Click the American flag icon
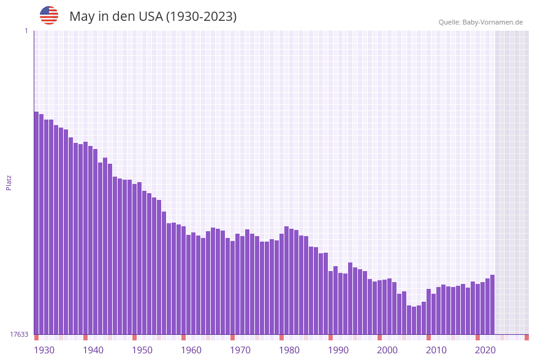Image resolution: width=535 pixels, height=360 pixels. tap(49, 15)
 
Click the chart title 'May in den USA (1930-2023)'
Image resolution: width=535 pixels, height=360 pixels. tap(153, 17)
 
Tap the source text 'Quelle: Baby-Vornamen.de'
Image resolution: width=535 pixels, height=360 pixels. tap(480, 22)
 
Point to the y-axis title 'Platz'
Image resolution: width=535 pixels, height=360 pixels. tap(9, 182)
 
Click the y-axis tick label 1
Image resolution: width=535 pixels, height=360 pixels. tap(26, 31)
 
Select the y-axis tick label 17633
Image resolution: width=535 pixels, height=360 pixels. tap(19, 334)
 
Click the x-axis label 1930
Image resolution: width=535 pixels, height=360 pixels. tap(44, 350)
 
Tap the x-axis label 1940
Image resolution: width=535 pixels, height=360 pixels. tap(93, 350)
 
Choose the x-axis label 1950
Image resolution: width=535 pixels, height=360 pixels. tap(142, 350)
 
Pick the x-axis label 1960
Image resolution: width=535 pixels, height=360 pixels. tap(191, 350)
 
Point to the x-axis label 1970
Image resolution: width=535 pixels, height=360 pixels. tap(240, 350)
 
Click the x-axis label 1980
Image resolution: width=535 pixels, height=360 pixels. tap(289, 350)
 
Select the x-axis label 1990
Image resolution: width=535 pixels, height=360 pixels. tap(338, 350)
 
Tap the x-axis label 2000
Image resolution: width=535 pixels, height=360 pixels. tap(387, 350)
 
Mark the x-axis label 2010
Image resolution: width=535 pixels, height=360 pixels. tap(436, 350)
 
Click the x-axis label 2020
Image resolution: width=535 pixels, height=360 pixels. tap(485, 350)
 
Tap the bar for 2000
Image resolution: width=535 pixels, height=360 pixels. tap(379, 307)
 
